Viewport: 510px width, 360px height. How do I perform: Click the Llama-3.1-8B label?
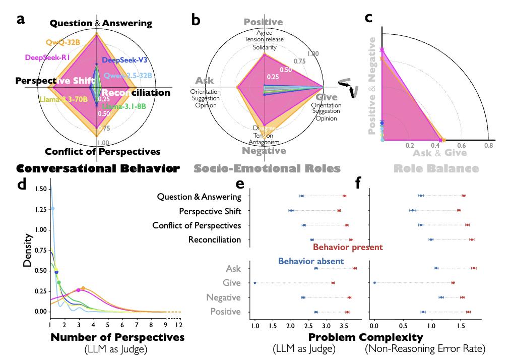pyautogui.click(x=124, y=106)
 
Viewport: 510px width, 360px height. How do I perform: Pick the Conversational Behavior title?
pyautogui.click(x=97, y=168)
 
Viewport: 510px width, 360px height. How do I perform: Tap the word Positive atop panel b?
pyautogui.click(x=263, y=22)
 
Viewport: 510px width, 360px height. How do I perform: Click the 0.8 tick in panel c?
pyautogui.click(x=488, y=145)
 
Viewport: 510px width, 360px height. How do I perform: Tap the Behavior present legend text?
pyautogui.click(x=348, y=247)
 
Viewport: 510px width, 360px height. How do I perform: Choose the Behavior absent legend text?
pyautogui.click(x=311, y=261)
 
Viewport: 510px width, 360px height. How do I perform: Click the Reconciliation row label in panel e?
pyautogui.click(x=215, y=239)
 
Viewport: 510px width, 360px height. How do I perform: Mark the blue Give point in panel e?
pyautogui.click(x=255, y=283)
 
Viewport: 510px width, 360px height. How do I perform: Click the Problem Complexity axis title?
pyautogui.click(x=365, y=337)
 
